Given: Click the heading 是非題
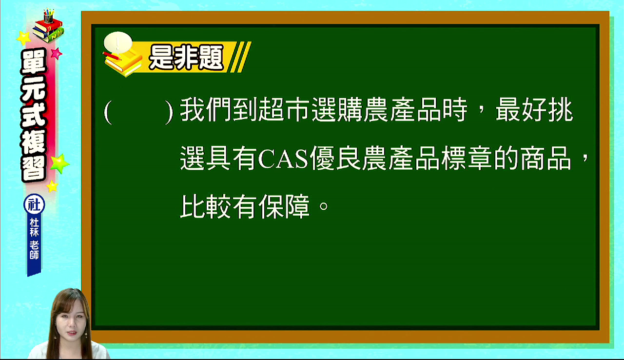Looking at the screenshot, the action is click(x=186, y=58).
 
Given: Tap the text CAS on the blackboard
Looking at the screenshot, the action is click(x=283, y=159).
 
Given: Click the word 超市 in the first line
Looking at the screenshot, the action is click(x=284, y=110).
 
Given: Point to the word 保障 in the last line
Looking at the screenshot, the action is click(x=284, y=206).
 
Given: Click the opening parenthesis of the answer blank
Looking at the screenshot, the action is click(x=108, y=112).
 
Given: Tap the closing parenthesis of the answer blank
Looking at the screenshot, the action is click(x=169, y=112).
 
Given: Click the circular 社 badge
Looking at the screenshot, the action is click(x=34, y=204).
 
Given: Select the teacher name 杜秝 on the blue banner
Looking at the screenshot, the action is click(x=34, y=227).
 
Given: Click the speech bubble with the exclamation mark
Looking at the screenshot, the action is click(x=118, y=42).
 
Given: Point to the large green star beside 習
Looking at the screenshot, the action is click(x=59, y=163).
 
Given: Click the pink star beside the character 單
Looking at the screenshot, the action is click(x=57, y=53).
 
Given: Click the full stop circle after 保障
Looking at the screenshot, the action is click(x=324, y=206).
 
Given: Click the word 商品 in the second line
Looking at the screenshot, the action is click(x=546, y=158).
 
